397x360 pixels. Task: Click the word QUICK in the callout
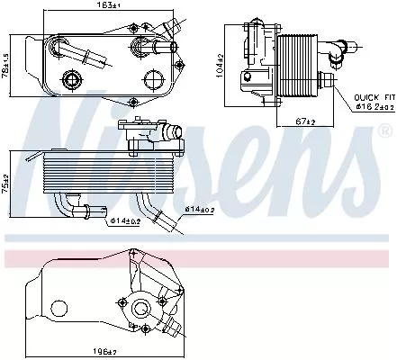point(366,96)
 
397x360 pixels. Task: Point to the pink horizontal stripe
point(198,258)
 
